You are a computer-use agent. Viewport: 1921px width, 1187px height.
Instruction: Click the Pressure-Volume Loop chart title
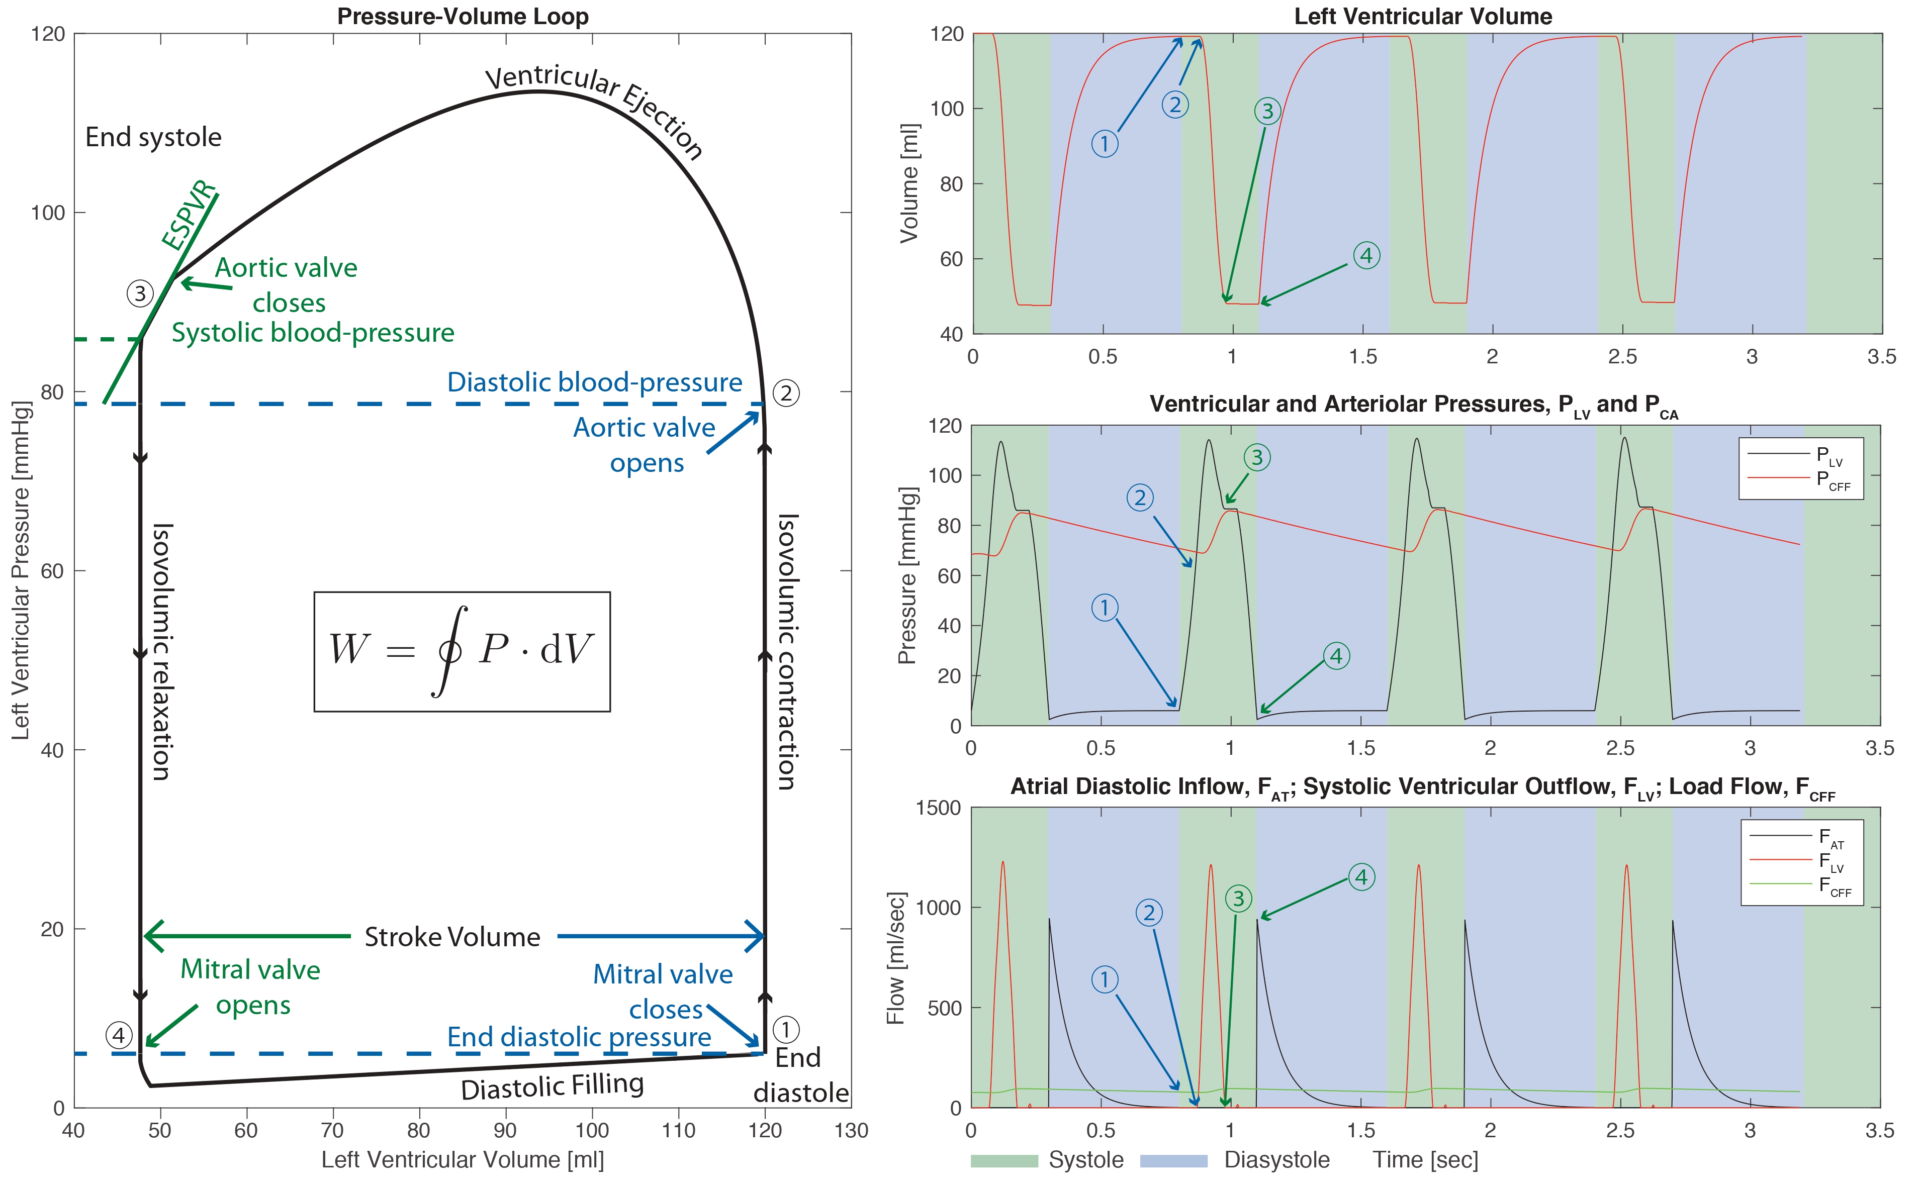pyautogui.click(x=463, y=17)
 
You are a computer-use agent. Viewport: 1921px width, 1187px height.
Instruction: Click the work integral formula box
pyautogui.click(x=462, y=652)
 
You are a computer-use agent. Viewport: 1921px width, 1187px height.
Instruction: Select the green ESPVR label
pyautogui.click(x=189, y=214)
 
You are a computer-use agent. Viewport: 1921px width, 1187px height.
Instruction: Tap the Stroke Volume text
pyautogui.click(x=452, y=937)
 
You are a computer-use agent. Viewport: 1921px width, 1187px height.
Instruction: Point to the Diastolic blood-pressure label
pyautogui.click(x=595, y=382)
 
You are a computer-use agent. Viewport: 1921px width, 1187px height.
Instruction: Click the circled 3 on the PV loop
pyautogui.click(x=140, y=293)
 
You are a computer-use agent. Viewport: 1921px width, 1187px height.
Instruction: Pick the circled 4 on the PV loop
pyautogui.click(x=119, y=1036)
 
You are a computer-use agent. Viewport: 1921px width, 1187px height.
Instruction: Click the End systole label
pyautogui.click(x=153, y=137)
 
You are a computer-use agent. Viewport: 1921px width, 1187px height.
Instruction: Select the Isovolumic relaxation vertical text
pyautogui.click(x=161, y=652)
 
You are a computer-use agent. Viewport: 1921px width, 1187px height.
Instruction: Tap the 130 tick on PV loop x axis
pyautogui.click(x=851, y=1131)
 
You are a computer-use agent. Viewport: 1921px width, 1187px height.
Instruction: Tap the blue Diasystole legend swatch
pyautogui.click(x=1173, y=1160)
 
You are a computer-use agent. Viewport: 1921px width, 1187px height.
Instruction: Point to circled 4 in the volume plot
pyautogui.click(x=1366, y=255)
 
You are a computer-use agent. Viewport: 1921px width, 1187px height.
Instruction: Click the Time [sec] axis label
pyautogui.click(x=1425, y=1160)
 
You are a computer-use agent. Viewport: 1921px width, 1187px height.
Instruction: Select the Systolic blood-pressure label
pyautogui.click(x=313, y=333)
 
